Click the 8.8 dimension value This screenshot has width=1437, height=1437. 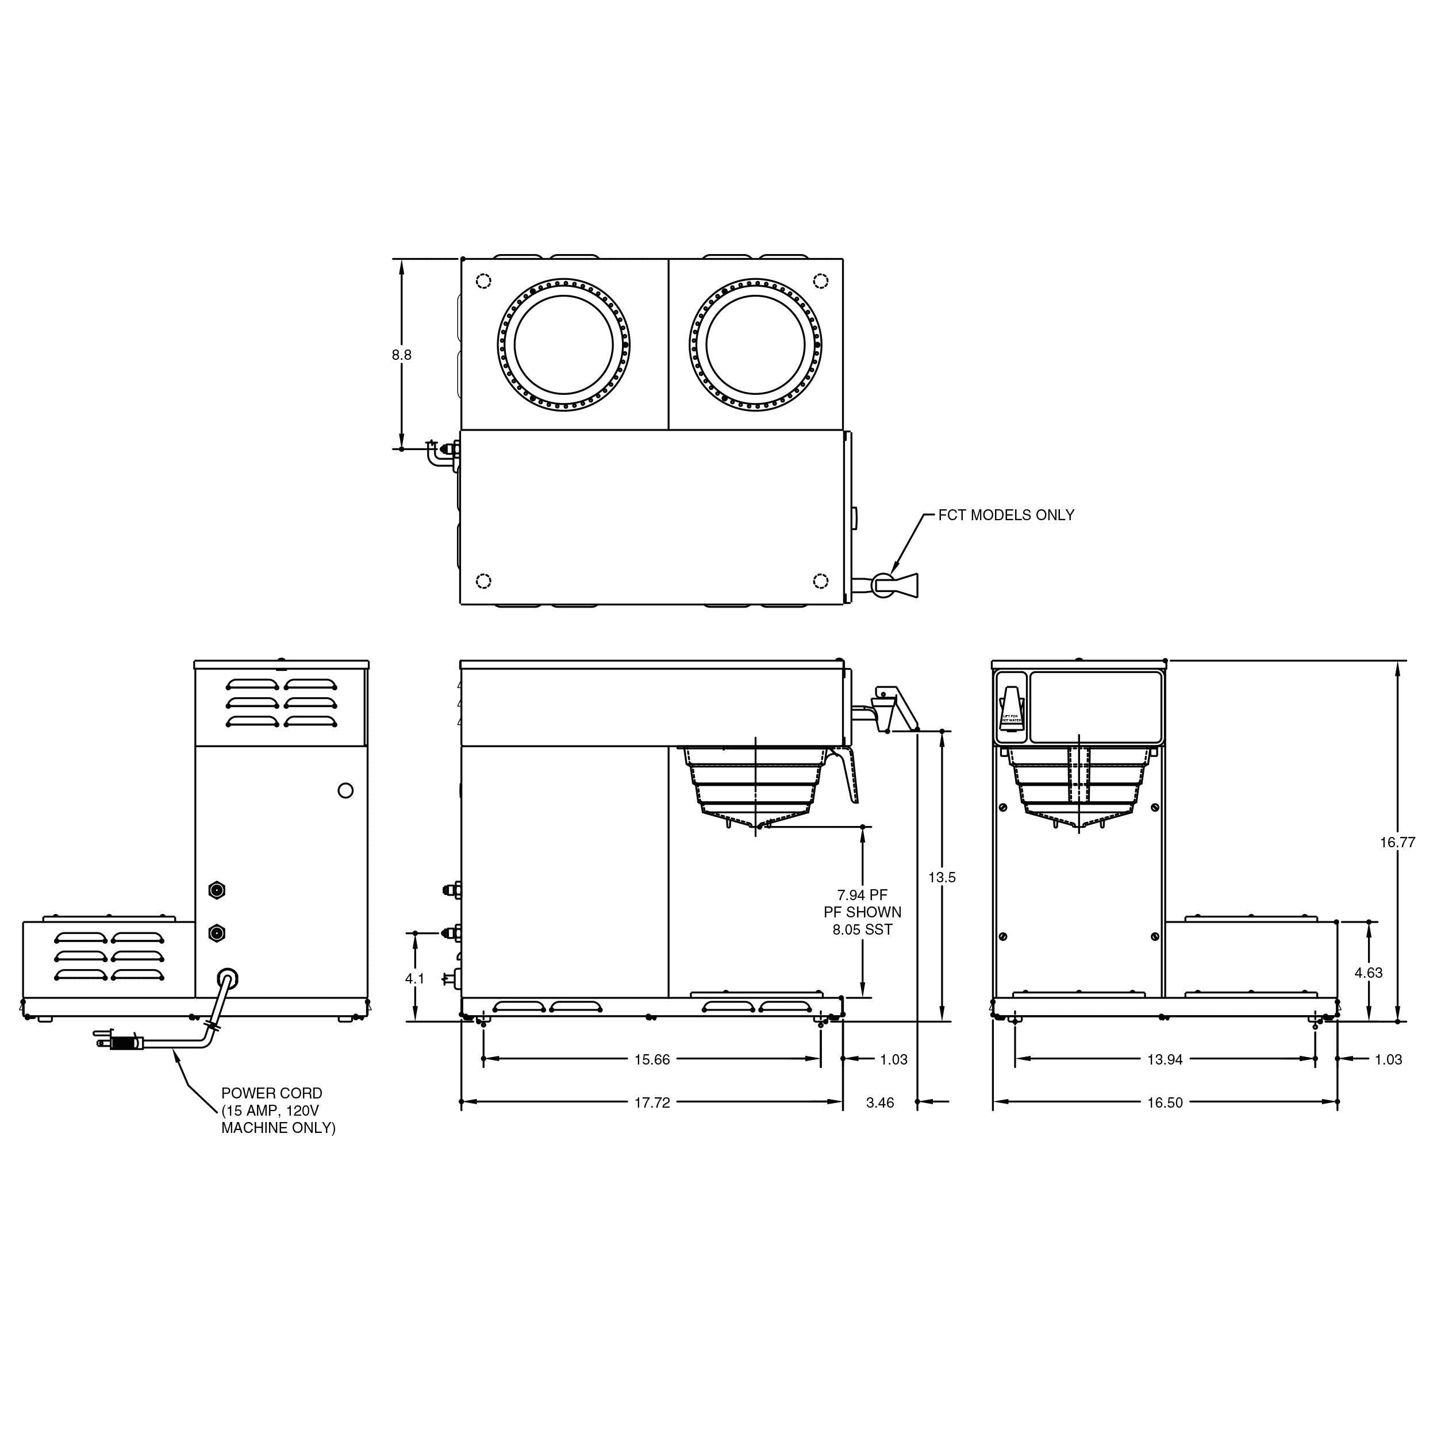click(402, 355)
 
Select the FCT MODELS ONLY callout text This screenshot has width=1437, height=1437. click(1005, 514)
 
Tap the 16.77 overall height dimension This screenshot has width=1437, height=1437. click(1397, 842)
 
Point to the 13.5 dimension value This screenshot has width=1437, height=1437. click(941, 877)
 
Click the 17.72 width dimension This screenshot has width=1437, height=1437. click(652, 1102)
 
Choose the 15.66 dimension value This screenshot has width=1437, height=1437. click(652, 1059)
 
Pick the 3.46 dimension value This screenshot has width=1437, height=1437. click(879, 1102)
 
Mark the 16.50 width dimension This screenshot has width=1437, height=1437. click(1164, 1102)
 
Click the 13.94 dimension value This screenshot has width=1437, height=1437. click(1164, 1059)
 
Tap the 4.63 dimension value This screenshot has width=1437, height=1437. click(1368, 972)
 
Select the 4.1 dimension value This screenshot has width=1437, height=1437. click(414, 979)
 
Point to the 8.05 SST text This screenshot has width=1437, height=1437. click(862, 929)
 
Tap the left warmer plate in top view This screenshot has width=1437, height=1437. click(563, 345)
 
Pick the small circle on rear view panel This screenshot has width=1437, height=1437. click(345, 790)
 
